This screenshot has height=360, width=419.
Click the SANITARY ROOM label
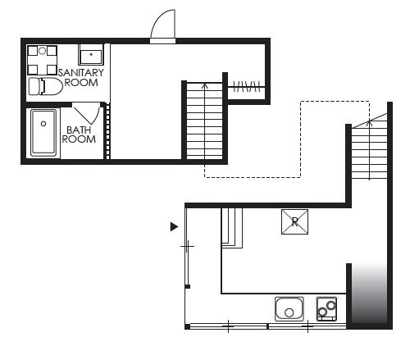81,78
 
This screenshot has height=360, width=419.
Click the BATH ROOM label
79,134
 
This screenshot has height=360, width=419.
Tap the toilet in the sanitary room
46,86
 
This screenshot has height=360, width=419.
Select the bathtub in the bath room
43,133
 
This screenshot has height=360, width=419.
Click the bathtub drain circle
43,124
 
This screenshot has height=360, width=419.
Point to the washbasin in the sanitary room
91,55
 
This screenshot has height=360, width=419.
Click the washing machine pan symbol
42,60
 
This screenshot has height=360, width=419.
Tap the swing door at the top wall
163,27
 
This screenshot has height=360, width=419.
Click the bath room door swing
88,114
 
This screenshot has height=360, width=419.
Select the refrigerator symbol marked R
294,222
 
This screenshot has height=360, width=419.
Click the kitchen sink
289,309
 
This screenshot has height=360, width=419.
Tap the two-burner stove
326,309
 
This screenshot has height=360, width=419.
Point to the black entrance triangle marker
174,226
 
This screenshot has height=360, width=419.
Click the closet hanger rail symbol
246,87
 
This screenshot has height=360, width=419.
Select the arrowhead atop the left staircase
205,86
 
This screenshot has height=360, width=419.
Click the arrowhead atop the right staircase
370,123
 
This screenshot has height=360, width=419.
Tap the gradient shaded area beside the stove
369,294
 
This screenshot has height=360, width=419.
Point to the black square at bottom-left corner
187,326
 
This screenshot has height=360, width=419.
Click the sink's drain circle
289,312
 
